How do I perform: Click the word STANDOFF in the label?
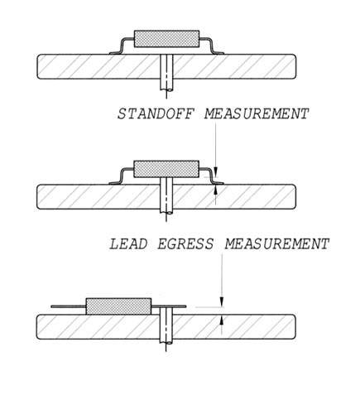pyautogui.click(x=156, y=113)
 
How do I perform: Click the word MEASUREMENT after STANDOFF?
pyautogui.click(x=257, y=113)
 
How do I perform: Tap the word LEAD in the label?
pyautogui.click(x=128, y=244)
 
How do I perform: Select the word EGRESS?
pyautogui.click(x=185, y=244)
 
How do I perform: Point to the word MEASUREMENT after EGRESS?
pyautogui.click(x=277, y=244)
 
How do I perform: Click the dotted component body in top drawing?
pyautogui.click(x=166, y=39)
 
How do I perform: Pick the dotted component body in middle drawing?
pyautogui.click(x=166, y=169)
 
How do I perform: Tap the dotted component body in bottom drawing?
pyautogui.click(x=119, y=306)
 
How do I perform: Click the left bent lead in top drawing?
pyautogui.click(x=122, y=46)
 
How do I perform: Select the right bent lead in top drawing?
pyautogui.click(x=212, y=46)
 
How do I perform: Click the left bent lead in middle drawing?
pyautogui.click(x=121, y=176)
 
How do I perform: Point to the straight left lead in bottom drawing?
pyautogui.click(x=69, y=306)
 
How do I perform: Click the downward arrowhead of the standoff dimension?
pyautogui.click(x=216, y=169)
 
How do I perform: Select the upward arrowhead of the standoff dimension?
pyautogui.click(x=216, y=188)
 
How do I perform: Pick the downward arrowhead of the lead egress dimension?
pyautogui.click(x=221, y=301)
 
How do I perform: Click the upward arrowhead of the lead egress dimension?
pyautogui.click(x=221, y=320)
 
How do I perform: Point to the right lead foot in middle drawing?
pyautogui.click(x=218, y=183)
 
